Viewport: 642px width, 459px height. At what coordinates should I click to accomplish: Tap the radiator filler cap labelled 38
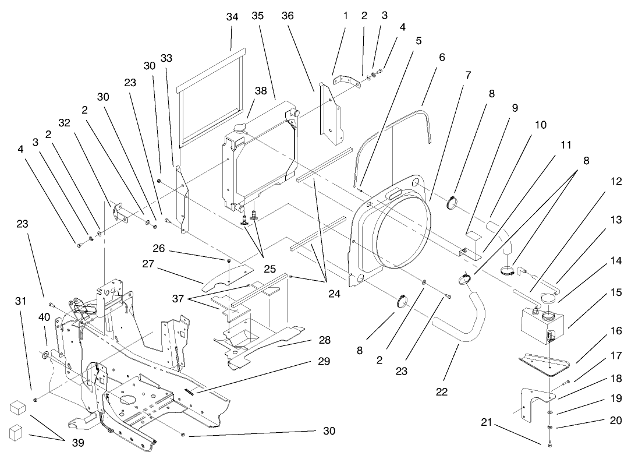pos(240,128)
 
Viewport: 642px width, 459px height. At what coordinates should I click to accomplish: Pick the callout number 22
pos(442,392)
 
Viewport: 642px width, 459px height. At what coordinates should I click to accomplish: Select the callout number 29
pos(324,362)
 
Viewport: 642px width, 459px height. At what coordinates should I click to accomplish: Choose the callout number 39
pos(77,443)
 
